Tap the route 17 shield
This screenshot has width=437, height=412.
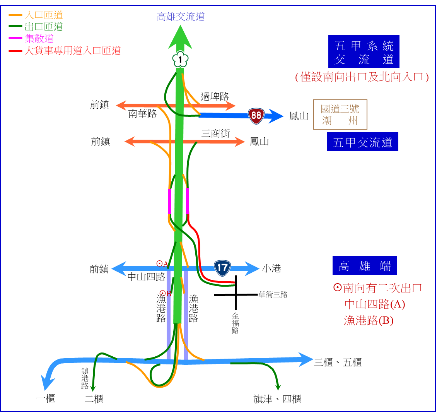[x=222, y=268]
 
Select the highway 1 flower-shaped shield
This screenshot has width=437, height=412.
[x=180, y=59]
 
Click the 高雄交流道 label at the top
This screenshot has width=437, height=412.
[x=181, y=17]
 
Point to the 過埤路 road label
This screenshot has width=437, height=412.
[x=215, y=97]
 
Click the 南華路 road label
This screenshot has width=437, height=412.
[x=142, y=113]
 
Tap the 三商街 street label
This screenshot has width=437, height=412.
[x=215, y=133]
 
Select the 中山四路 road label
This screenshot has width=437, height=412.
[x=146, y=277]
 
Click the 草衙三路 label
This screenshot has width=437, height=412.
[x=273, y=294]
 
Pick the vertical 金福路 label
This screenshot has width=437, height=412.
[x=235, y=323]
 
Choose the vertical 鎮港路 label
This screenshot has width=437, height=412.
[x=85, y=378]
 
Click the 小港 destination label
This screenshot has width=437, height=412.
[x=271, y=268]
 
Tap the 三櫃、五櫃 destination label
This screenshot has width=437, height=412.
[x=338, y=362]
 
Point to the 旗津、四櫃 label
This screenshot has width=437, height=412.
[x=277, y=399]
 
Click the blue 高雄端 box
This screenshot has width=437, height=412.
[x=365, y=265]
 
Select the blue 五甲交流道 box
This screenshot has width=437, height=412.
[x=362, y=142]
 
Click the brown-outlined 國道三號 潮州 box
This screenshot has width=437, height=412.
[x=340, y=115]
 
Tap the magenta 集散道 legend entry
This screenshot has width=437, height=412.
[x=31, y=38]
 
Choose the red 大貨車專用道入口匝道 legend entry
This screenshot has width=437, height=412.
[x=65, y=50]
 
